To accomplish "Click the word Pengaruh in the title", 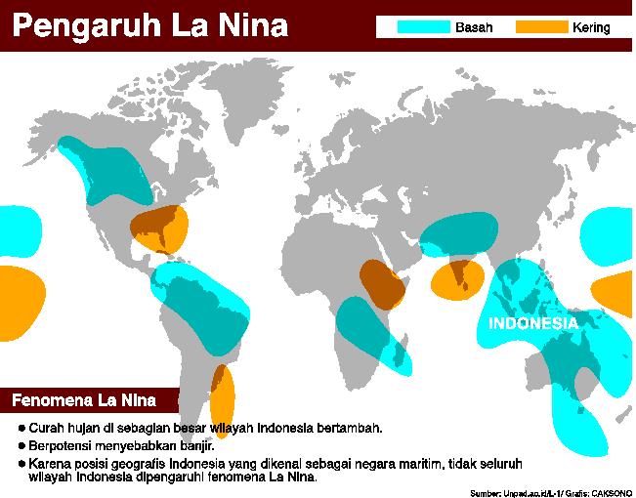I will [x=83, y=24].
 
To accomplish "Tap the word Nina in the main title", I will [x=252, y=24].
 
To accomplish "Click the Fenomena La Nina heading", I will [x=80, y=400].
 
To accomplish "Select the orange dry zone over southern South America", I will [x=224, y=400].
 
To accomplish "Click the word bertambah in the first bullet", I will [x=349, y=429].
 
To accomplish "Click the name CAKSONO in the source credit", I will [x=609, y=491].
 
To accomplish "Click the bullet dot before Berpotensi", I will [x=21, y=444].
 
